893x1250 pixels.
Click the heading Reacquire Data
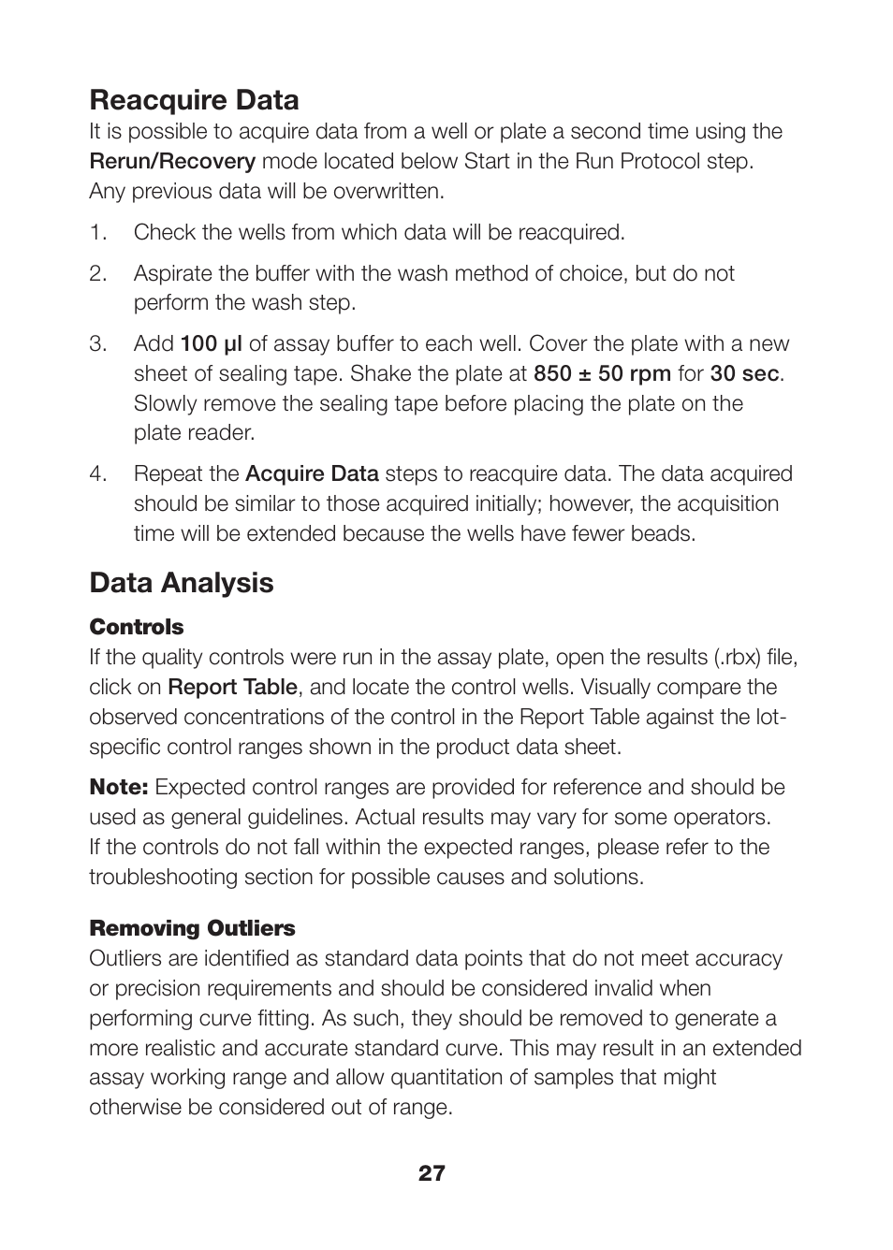[194, 100]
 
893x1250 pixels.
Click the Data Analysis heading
[182, 583]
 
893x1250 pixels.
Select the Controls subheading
[137, 627]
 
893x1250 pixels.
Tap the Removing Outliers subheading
[192, 928]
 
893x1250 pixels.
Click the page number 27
[432, 1173]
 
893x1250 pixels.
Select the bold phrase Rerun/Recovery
[172, 161]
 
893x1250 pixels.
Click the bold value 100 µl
[211, 343]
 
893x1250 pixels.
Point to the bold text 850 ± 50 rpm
[602, 373]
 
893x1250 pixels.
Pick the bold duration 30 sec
[744, 373]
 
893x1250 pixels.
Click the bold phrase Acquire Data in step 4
[312, 473]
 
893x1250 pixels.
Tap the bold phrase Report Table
[232, 687]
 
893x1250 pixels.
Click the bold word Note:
[119, 787]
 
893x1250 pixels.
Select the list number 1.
[97, 232]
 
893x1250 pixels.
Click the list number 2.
[97, 273]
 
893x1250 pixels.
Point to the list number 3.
[97, 343]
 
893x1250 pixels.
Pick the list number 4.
[97, 473]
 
